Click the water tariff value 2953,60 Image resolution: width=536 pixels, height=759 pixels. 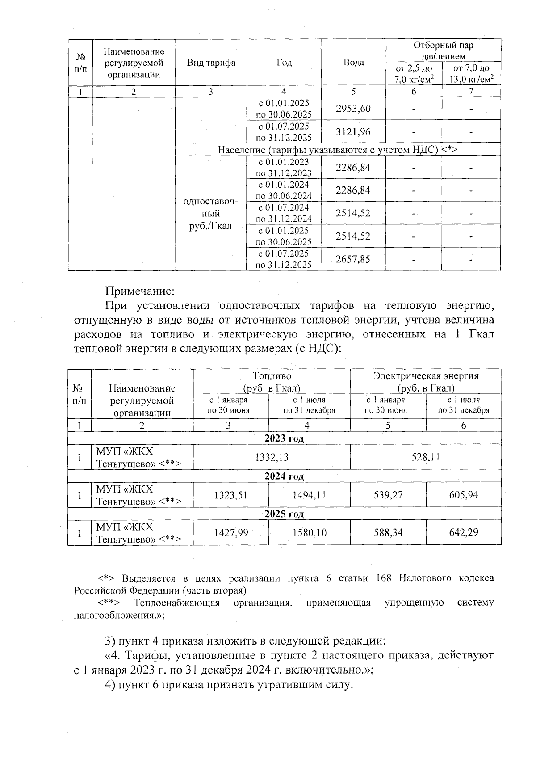(x=353, y=109)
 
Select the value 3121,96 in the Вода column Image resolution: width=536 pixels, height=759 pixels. (x=353, y=132)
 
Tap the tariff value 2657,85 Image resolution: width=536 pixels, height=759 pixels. (x=353, y=259)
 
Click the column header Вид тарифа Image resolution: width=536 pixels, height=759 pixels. (x=211, y=63)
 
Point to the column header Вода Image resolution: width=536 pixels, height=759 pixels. (x=353, y=63)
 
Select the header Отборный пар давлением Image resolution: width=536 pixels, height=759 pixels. (x=443, y=51)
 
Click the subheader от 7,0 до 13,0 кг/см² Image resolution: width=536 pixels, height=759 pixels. (x=471, y=74)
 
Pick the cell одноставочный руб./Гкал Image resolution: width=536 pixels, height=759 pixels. (x=210, y=214)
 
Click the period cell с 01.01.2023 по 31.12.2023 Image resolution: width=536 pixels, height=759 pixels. (x=283, y=168)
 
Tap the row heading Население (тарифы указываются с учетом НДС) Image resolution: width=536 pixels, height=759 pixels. (x=338, y=149)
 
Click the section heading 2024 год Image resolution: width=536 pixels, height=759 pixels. (x=284, y=476)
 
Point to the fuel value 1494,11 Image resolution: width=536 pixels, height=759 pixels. (x=309, y=495)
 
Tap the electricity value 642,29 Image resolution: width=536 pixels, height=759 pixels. (x=464, y=532)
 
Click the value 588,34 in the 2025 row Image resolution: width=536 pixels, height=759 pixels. (x=388, y=532)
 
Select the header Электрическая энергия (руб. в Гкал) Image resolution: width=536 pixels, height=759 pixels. (x=425, y=381)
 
